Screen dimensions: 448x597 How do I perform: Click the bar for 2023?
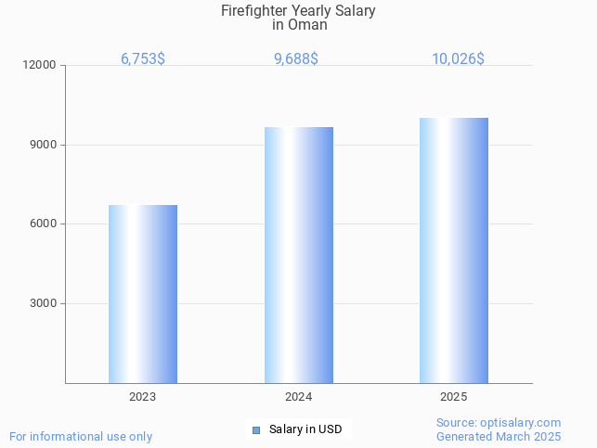tap(143, 294)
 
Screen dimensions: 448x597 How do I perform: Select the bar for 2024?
tap(299, 255)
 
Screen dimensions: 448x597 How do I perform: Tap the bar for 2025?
tap(454, 250)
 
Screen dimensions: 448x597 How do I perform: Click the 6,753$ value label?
tap(143, 58)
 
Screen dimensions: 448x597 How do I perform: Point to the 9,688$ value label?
tap(296, 58)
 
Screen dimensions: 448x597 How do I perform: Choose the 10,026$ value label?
tap(458, 58)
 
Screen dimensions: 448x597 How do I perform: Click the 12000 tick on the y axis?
tap(40, 65)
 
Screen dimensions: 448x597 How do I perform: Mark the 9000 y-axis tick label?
tap(43, 145)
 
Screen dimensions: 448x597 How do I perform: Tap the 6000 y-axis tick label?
tap(43, 224)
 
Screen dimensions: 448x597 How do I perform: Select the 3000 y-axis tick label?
tap(43, 303)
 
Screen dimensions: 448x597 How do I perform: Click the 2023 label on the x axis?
tap(143, 397)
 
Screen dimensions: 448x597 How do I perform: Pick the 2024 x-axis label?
tap(298, 397)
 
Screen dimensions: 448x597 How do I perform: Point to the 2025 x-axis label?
tap(454, 397)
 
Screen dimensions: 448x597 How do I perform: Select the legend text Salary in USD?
tap(305, 429)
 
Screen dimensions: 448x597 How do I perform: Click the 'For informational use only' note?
tap(81, 436)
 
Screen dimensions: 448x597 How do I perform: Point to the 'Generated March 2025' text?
tap(499, 436)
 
